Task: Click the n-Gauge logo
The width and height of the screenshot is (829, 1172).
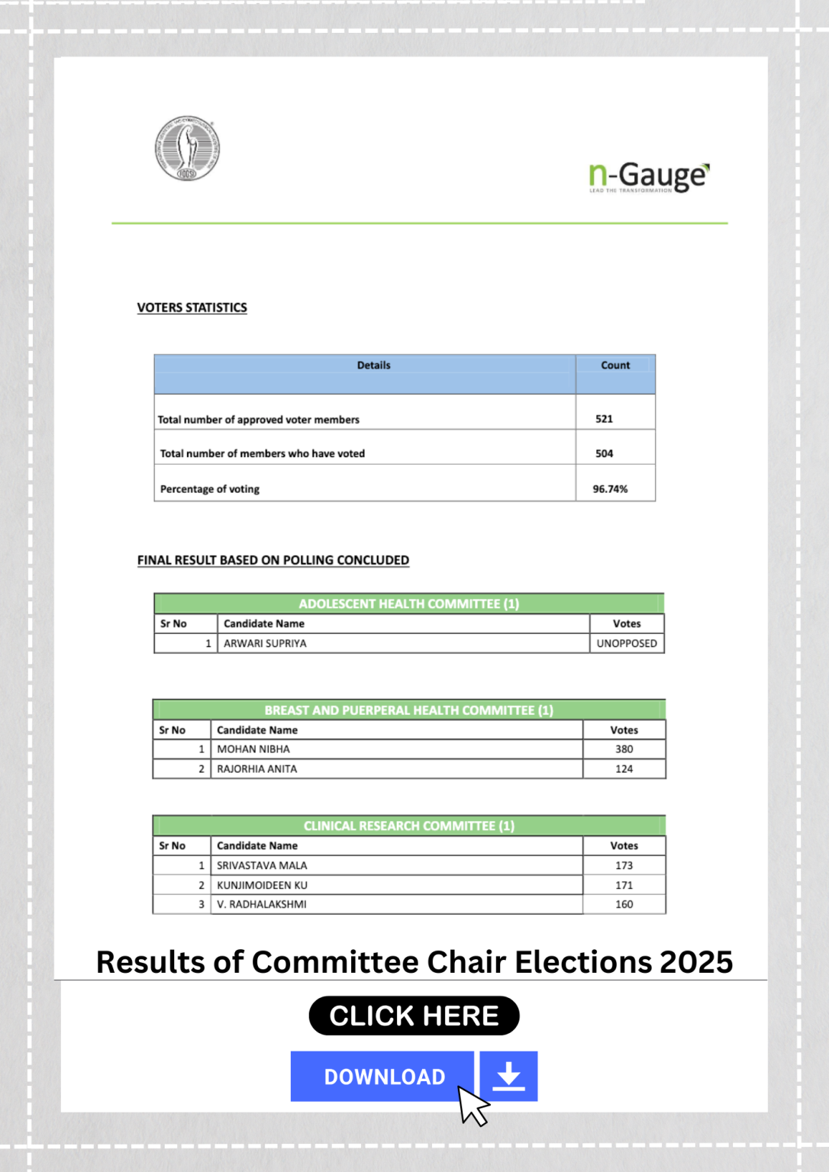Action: pos(649,177)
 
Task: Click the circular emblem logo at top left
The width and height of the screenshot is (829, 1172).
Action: pos(187,148)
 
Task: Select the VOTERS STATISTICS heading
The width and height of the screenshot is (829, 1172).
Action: pos(192,307)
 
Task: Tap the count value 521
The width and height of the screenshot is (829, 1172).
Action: pos(604,419)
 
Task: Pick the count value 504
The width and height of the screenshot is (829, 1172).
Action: pos(604,453)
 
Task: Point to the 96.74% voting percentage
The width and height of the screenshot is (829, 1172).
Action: pos(610,489)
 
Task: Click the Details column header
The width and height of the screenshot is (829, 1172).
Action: pos(373,365)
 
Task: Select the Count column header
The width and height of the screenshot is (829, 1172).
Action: pos(615,365)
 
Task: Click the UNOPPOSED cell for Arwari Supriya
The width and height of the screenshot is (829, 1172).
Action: pos(627,643)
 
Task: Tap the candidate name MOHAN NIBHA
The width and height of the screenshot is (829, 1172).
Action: pos(253,749)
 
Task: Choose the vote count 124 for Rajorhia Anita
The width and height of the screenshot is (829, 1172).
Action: pos(624,769)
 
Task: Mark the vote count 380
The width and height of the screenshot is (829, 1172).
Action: pos(624,749)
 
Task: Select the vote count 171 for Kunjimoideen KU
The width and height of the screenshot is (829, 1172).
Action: pos(624,885)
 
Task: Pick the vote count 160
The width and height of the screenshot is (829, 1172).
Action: pos(624,904)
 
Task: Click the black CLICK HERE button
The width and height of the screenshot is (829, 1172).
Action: pos(414,1016)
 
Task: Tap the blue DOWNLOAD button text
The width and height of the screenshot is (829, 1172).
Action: pos(384,1077)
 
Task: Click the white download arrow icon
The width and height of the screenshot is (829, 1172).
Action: pos(508,1077)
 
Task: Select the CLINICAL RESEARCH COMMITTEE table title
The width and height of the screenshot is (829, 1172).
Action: pos(409,826)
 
